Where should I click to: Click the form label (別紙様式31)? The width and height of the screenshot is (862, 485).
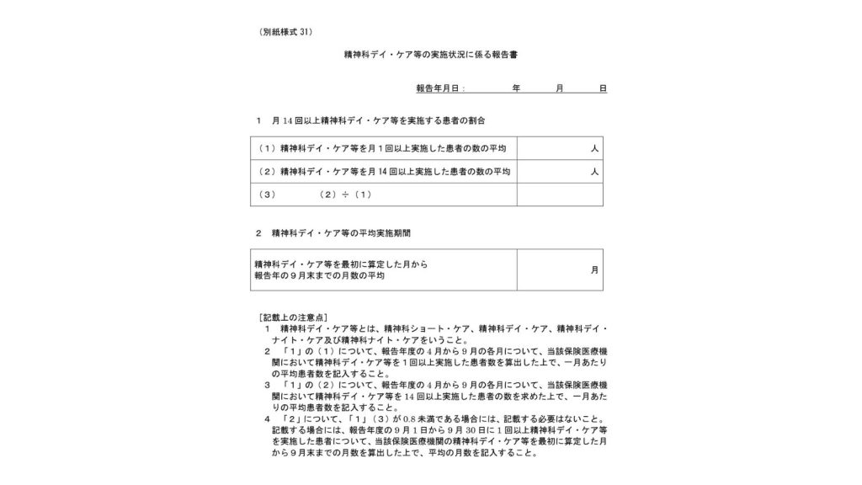point(287,32)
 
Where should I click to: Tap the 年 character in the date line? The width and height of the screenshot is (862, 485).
point(516,88)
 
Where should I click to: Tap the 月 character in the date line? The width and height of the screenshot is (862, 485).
point(559,88)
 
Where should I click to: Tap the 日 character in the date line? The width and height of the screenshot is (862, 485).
point(603,88)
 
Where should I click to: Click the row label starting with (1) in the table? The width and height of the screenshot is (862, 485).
point(382,148)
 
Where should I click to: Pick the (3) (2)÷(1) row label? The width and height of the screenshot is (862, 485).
point(316,195)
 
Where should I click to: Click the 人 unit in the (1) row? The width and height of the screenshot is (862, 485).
point(594,148)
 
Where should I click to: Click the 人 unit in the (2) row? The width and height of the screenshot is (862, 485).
point(594,172)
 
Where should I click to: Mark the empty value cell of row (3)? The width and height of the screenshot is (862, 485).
point(561,195)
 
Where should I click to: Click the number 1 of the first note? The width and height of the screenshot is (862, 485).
point(267,328)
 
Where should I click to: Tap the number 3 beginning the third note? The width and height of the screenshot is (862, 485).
point(267,384)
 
